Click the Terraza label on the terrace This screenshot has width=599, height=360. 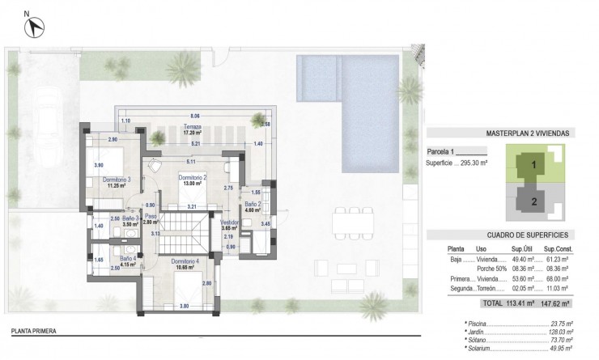[192, 127]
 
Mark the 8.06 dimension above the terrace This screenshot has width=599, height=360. [194, 116]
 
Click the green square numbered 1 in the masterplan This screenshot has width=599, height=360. [533, 164]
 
